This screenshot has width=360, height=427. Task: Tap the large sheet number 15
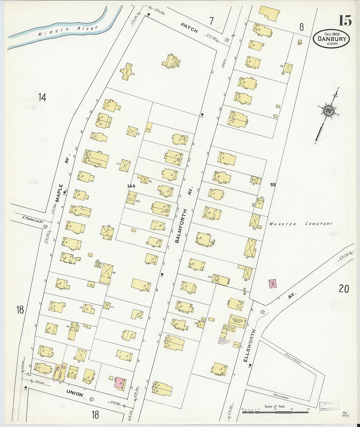coord(345,21)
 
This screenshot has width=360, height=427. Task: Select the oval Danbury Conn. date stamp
coord(331,39)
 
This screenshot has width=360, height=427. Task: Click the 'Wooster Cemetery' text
coord(300,224)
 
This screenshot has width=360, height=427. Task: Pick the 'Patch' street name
coord(189,28)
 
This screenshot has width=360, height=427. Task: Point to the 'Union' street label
coord(75,393)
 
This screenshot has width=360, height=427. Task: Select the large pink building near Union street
coord(120,382)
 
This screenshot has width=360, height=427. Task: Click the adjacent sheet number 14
coord(42,97)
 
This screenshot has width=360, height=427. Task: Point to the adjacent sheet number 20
coord(344,289)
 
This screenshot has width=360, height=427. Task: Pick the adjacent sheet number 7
coord(211,21)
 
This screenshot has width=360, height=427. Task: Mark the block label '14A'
coord(131,186)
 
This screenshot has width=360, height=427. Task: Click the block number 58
coord(273,185)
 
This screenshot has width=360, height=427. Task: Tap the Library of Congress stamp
coord(329,406)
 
